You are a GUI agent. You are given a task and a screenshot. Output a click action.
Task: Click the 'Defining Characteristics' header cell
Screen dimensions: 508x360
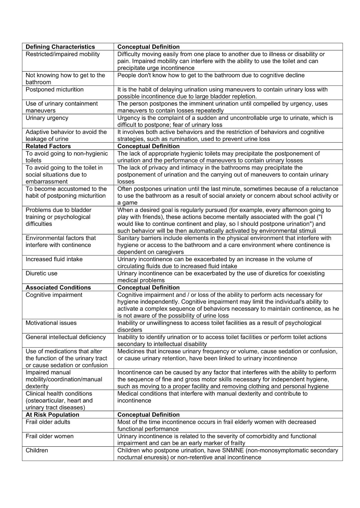[60, 47]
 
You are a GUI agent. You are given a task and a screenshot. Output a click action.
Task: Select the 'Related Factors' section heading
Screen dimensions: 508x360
[48, 146]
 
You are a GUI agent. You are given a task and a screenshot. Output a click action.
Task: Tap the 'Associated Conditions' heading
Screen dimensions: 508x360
[58, 287]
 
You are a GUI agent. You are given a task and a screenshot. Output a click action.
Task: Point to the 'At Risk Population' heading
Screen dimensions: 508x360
[52, 415]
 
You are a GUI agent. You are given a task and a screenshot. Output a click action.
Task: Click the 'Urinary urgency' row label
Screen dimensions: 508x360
[47, 118]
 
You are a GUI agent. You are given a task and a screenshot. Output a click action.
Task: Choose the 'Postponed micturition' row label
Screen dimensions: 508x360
[55, 90]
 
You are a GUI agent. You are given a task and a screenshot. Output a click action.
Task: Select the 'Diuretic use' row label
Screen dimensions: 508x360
[42, 273]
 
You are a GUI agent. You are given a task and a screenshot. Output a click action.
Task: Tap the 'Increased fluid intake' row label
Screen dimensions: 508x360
[54, 259]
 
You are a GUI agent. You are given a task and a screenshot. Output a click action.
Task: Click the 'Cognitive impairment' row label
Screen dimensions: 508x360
[54, 295]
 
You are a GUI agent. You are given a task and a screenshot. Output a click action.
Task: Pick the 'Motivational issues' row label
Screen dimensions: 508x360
[51, 323]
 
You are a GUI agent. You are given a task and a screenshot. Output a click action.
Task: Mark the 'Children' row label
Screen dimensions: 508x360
[37, 450]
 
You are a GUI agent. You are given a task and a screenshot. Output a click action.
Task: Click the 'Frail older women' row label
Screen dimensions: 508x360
[50, 436]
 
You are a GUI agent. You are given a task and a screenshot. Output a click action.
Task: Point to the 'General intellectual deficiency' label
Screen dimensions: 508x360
[66, 337]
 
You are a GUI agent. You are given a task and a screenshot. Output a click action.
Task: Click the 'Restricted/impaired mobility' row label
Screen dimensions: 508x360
[63, 54]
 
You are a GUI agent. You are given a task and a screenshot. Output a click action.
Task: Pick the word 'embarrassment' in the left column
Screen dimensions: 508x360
[47, 182]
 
